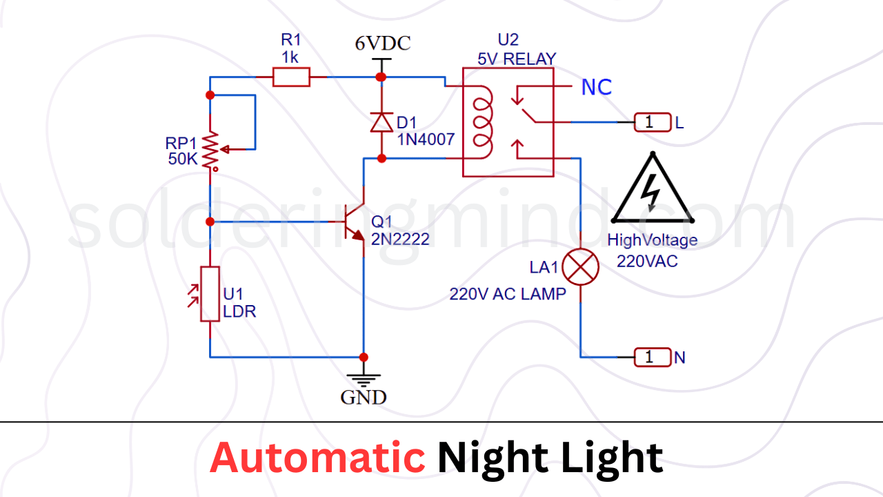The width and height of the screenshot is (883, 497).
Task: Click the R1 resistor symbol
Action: point(291,77)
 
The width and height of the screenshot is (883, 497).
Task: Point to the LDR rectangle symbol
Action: point(210,293)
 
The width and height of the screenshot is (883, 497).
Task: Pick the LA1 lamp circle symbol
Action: point(581,266)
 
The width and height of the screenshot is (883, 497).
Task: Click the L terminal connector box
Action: point(653,123)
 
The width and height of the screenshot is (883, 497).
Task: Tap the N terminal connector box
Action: point(653,357)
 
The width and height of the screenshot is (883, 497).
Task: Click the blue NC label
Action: point(597,88)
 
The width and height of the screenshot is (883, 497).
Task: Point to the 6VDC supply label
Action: point(382,43)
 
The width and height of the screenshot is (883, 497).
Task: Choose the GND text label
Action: point(364,398)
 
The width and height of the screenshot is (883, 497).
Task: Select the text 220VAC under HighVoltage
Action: point(647,262)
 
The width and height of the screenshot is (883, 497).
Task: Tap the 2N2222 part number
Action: point(400,240)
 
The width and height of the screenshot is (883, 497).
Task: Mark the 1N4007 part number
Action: point(426,139)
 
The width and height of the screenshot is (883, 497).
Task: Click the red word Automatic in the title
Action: point(317,458)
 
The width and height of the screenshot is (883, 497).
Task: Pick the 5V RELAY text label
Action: point(517,59)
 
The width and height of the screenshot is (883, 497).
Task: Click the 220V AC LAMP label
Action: point(508,294)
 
